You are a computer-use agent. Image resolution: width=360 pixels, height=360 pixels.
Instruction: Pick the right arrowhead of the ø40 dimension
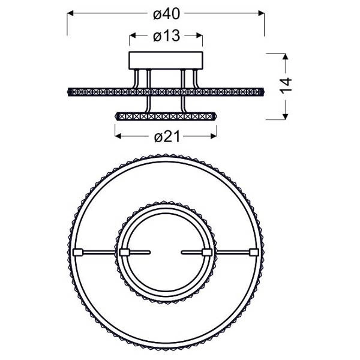click(x=261, y=11)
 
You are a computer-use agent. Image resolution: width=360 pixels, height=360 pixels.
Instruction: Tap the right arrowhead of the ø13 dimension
click(x=199, y=36)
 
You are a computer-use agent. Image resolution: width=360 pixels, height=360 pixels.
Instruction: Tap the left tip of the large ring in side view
click(x=67, y=91)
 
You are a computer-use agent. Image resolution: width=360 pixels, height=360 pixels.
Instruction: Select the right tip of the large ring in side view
click(x=264, y=91)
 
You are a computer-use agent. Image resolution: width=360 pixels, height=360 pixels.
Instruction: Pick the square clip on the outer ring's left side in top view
click(x=77, y=252)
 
